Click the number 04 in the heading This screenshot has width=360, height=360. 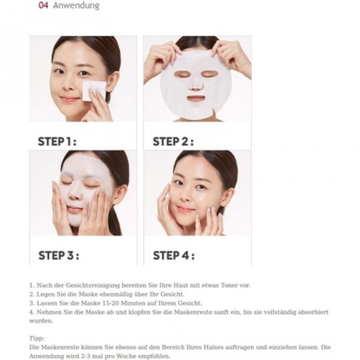pyautogui.click(x=43, y=6)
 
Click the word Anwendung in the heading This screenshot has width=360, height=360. pyautogui.click(x=76, y=6)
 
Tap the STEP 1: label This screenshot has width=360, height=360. pyautogui.click(x=57, y=142)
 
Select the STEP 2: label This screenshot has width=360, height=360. pyautogui.click(x=173, y=142)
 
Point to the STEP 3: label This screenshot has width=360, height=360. pyautogui.click(x=58, y=256)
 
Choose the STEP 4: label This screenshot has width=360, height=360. pyautogui.click(x=174, y=256)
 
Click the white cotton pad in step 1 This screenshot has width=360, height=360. pyautogui.click(x=94, y=90)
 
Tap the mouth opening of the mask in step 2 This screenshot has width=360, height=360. pyautogui.click(x=196, y=98)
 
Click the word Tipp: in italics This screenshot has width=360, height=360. pyautogui.click(x=37, y=338)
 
